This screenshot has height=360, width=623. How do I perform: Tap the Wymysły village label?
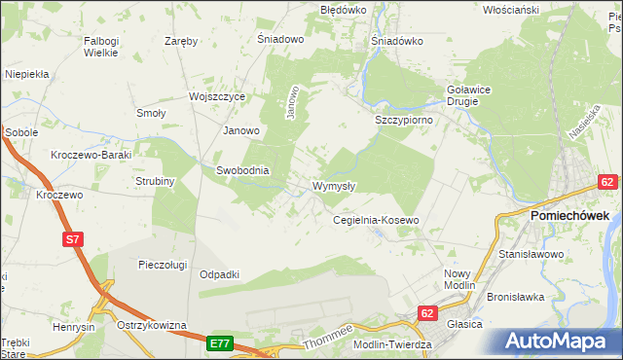click(334, 186)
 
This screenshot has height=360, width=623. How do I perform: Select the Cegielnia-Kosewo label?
click(376, 221)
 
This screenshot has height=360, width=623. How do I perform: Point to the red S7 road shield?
click(72, 237)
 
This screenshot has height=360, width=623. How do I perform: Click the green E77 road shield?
click(219, 343)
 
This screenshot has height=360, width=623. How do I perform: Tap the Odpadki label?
click(219, 274)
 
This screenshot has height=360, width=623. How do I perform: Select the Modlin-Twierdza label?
click(385, 346)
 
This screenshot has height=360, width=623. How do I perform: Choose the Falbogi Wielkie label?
click(101, 47)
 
